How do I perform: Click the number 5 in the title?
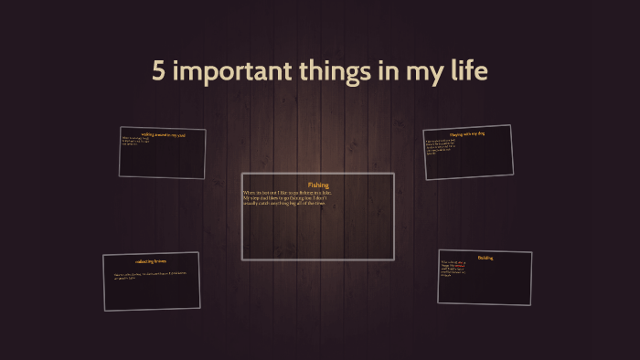159,72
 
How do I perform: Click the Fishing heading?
318,185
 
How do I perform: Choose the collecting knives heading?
151,261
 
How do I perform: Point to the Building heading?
485,258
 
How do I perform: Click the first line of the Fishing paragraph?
287,193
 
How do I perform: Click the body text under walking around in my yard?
137,142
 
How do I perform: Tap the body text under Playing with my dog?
445,147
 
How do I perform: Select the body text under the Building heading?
453,269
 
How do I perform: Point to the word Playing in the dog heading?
456,135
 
